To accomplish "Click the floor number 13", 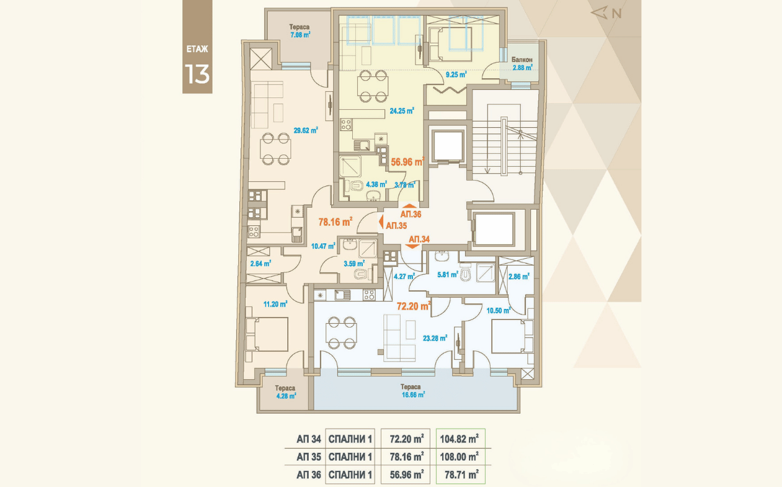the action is coord(197,74).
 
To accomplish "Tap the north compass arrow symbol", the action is coord(599,13).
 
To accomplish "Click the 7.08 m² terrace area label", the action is coord(300,35).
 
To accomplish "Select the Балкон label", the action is coord(522,60).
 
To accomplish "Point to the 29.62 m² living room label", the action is coord(306,131).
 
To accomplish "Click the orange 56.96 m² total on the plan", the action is coord(407,162).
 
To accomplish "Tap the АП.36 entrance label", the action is coord(411,214).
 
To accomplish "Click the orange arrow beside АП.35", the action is coord(381,222).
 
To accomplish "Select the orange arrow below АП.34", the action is coord(412,246).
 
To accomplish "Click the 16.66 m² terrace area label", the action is coord(413,395).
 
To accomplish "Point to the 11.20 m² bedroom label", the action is coord(275,304).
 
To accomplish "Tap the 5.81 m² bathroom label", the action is coord(448,275).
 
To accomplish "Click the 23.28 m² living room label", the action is coord(435,338).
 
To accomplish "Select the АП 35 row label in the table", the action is coord(309,457).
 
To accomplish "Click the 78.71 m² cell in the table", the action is coord(461,475).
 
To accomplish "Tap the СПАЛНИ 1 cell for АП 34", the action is coord(350,439).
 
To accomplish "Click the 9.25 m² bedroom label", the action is coord(456,74).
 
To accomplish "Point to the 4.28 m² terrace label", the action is coord(286,396).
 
